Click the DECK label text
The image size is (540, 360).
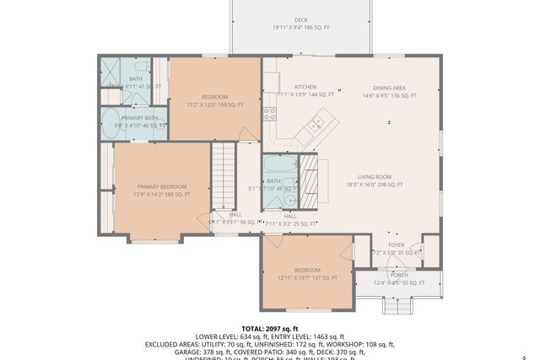(x=300, y=19)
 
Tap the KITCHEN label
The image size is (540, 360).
(x=305, y=87)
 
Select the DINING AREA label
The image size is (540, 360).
(x=390, y=88)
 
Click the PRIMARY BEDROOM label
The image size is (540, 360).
(x=161, y=186)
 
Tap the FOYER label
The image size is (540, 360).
(x=396, y=244)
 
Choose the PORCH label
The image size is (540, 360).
(x=398, y=275)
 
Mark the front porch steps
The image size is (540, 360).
(x=397, y=304)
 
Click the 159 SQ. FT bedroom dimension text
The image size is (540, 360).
(x=214, y=105)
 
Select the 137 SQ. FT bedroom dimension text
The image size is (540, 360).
(x=307, y=277)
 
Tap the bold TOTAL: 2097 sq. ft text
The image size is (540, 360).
(x=270, y=328)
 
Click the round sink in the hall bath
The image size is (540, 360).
(x=289, y=200)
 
